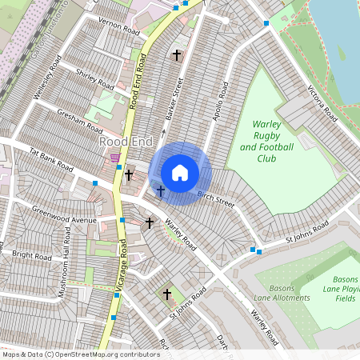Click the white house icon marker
pyautogui.click(x=180, y=173)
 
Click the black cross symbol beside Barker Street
pyautogui.click(x=177, y=55)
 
